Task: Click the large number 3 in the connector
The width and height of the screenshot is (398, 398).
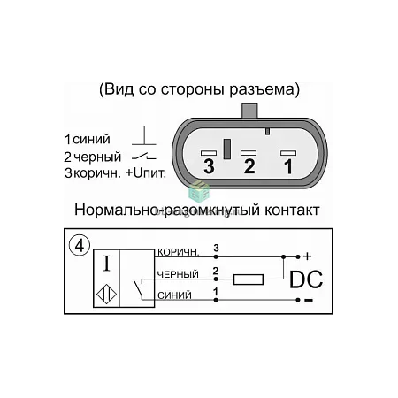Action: click(x=209, y=166)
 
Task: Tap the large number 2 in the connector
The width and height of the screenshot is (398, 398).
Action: click(x=249, y=166)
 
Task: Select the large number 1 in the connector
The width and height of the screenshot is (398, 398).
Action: click(x=288, y=166)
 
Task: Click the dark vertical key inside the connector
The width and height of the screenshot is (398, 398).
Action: click(x=227, y=149)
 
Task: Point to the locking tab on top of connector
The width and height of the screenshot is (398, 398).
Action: click(x=249, y=111)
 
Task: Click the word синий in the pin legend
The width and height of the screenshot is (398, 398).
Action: click(x=92, y=140)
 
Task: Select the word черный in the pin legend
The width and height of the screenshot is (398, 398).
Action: click(x=97, y=157)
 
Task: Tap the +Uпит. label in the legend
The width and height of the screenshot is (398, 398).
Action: click(x=146, y=173)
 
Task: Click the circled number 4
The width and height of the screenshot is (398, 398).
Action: click(x=80, y=245)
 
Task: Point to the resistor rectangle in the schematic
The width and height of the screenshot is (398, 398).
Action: click(x=249, y=279)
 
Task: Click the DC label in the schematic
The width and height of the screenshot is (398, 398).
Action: click(x=306, y=279)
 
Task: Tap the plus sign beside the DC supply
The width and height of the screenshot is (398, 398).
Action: click(x=307, y=256)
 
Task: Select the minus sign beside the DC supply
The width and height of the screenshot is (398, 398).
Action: click(x=309, y=300)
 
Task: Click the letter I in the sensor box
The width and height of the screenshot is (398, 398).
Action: click(x=107, y=264)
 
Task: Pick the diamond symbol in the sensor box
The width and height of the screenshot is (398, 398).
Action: click(x=106, y=294)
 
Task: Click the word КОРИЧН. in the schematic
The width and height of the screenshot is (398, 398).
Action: click(x=179, y=252)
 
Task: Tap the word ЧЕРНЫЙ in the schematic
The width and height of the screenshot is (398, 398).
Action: click(x=178, y=274)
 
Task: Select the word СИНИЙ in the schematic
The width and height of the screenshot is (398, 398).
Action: click(x=174, y=295)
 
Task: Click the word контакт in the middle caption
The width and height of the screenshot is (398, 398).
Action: click(x=292, y=210)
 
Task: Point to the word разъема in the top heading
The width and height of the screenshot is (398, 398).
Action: click(x=262, y=90)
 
